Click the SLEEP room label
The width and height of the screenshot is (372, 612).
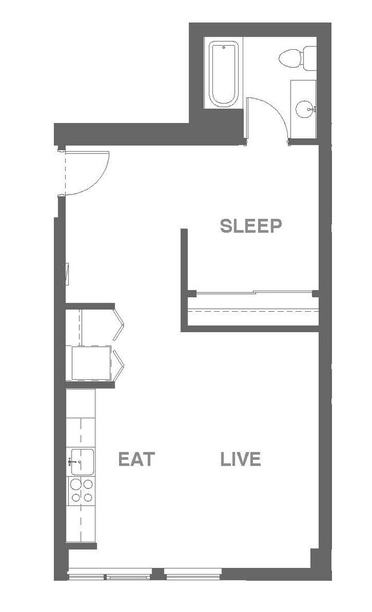tap(251, 226)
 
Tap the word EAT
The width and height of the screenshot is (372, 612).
tap(137, 459)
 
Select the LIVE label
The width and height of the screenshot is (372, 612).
tap(240, 459)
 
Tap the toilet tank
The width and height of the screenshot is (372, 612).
tap(310, 57)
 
